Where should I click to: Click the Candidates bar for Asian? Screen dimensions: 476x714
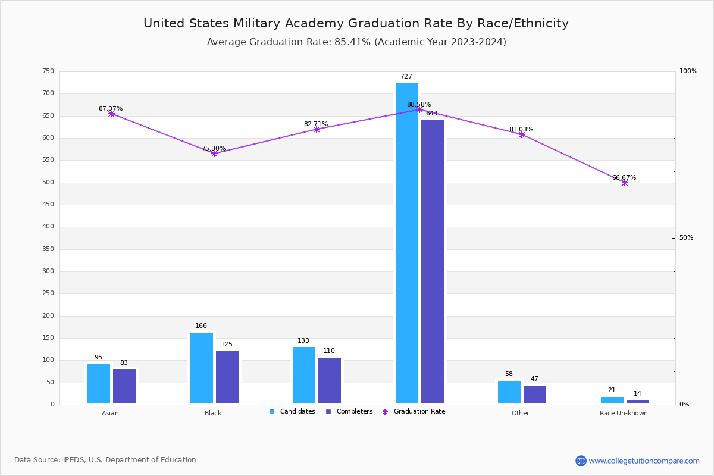click(x=99, y=384)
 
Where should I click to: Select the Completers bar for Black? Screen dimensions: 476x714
click(x=227, y=377)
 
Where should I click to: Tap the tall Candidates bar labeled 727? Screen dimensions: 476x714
click(x=407, y=243)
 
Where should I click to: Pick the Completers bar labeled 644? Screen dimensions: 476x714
click(x=433, y=262)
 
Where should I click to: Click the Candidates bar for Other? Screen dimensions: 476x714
click(x=509, y=392)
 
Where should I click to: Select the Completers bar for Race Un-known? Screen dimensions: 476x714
click(x=638, y=402)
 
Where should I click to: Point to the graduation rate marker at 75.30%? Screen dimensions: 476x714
click(x=214, y=154)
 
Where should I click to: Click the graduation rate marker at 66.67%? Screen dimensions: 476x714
click(x=625, y=183)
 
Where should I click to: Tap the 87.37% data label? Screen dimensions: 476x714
click(x=111, y=109)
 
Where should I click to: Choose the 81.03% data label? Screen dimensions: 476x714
click(x=521, y=130)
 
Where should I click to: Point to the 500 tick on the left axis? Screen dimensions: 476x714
click(x=48, y=183)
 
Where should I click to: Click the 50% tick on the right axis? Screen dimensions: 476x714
click(x=686, y=238)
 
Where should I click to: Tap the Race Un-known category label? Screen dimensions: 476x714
click(x=624, y=414)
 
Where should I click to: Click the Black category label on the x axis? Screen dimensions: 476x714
click(x=213, y=414)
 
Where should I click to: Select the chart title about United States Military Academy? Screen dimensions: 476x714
click(x=356, y=24)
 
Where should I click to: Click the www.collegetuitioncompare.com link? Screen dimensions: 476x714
click(x=644, y=461)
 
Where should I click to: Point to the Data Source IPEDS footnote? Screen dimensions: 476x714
click(x=105, y=460)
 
